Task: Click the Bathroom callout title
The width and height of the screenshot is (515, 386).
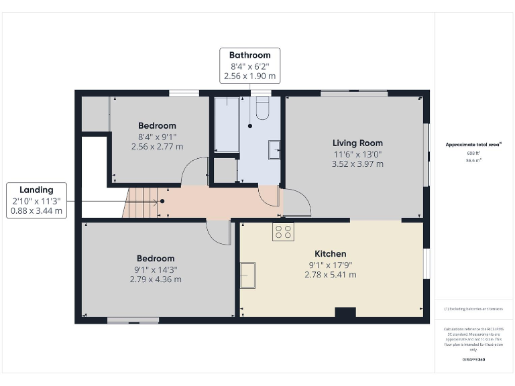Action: [249, 55]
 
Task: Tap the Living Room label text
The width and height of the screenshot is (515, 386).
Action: [357, 143]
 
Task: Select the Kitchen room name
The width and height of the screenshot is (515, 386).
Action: [331, 254]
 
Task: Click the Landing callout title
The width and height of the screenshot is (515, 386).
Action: [37, 190]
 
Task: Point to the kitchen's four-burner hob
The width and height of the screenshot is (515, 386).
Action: [283, 231]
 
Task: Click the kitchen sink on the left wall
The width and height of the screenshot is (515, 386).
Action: [248, 275]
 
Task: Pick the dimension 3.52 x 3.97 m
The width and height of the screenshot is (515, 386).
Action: [357, 164]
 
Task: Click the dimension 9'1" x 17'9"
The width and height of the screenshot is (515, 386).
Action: [331, 265]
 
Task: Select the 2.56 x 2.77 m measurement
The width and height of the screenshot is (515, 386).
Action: [157, 146]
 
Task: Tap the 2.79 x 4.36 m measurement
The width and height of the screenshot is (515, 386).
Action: [156, 279]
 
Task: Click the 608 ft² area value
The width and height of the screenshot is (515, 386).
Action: [474, 153]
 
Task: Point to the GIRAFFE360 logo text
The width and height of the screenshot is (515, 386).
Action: [473, 360]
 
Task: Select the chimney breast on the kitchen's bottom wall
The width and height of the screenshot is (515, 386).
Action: [345, 312]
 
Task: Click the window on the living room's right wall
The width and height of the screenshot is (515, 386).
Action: [426, 154]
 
